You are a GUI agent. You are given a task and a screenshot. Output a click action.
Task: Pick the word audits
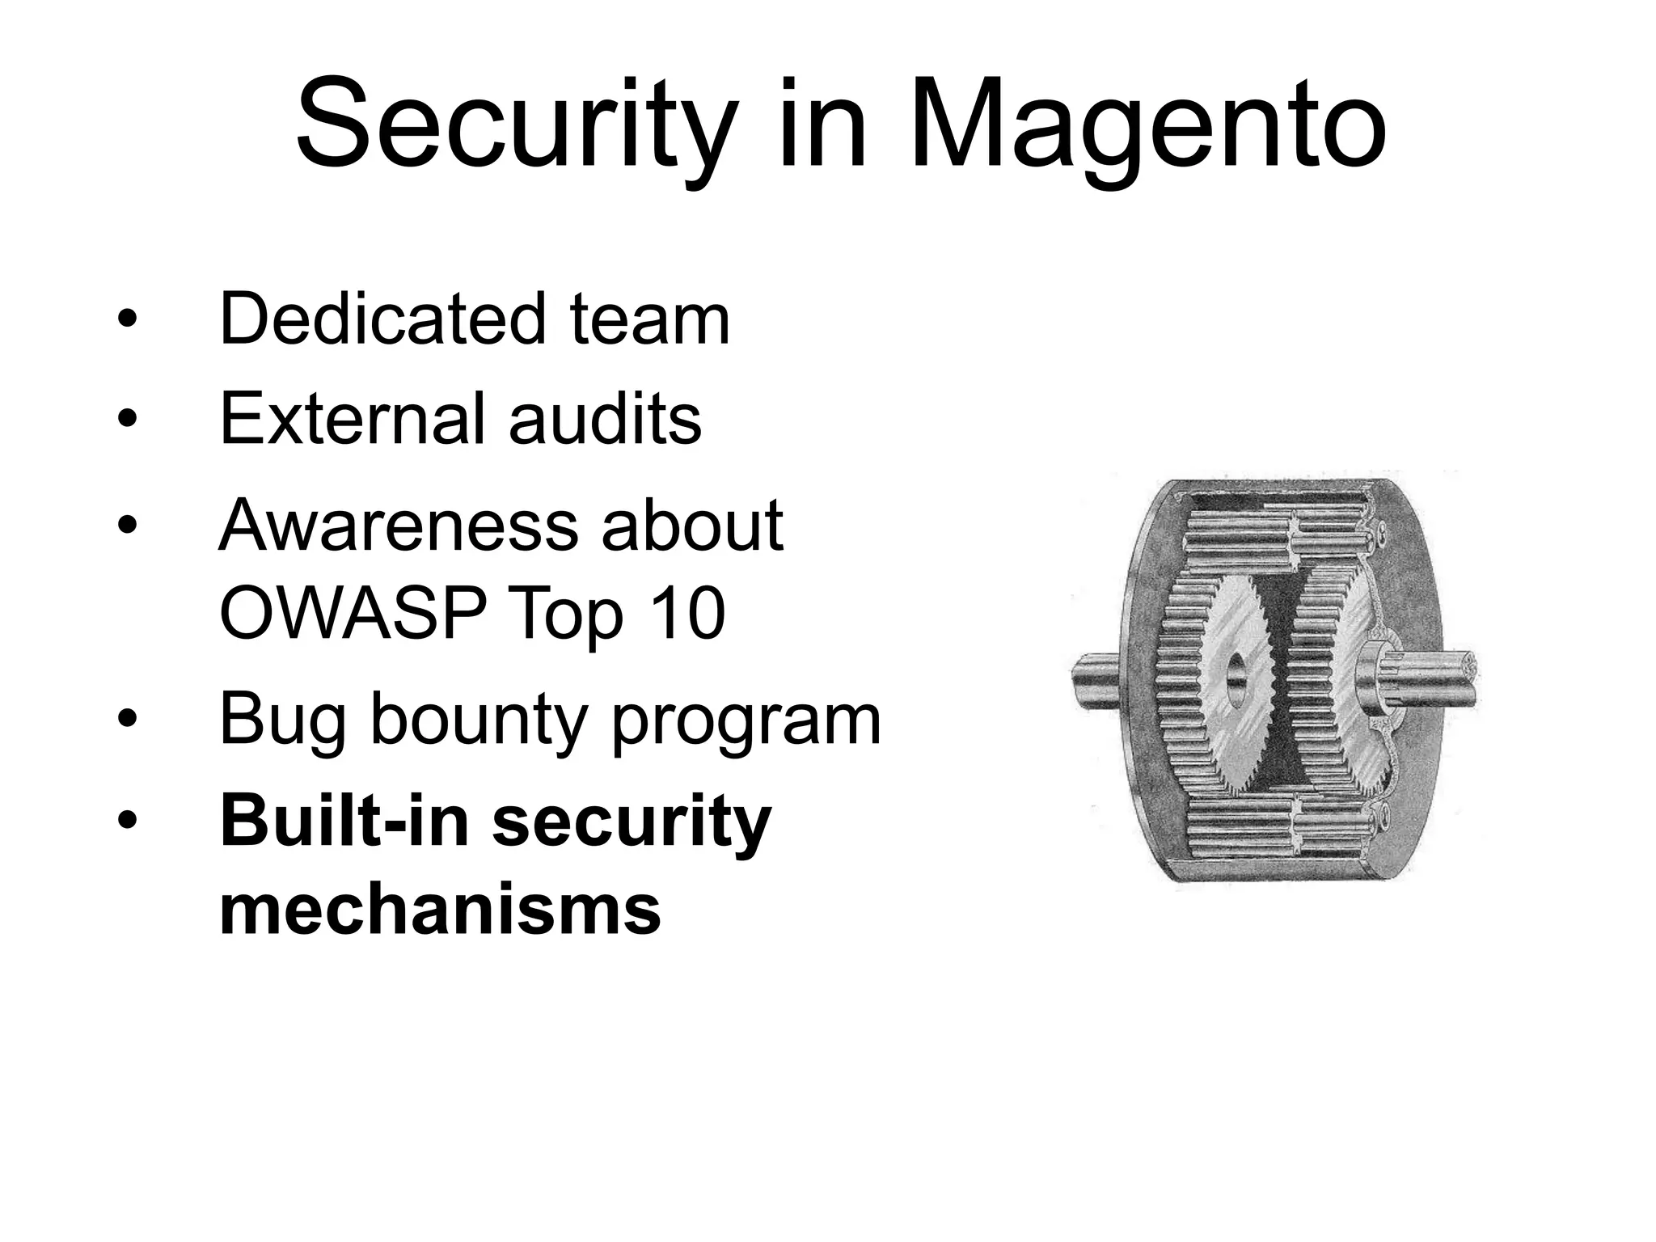pos(606,418)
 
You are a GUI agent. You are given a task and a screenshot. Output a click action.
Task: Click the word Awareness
pos(398,526)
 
